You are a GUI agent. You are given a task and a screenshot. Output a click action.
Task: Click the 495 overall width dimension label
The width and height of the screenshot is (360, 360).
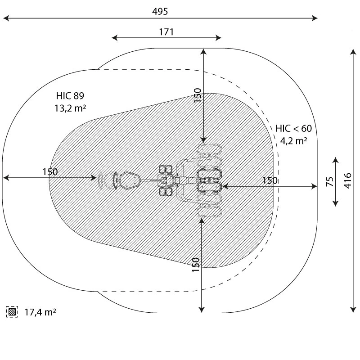160,12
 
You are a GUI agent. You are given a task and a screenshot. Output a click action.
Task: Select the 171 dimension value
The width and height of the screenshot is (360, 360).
166,31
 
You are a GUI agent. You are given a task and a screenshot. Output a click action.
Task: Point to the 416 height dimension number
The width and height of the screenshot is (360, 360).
347,180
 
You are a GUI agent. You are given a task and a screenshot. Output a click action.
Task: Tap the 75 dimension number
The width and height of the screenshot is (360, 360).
330,181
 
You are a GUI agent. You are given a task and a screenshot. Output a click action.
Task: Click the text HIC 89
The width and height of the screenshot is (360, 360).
70,95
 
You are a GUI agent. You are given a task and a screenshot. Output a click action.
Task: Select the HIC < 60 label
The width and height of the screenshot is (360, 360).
293,129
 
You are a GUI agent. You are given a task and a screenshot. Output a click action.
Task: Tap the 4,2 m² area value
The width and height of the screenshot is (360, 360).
293,140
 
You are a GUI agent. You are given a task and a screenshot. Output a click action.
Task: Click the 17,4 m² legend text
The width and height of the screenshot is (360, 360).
40,311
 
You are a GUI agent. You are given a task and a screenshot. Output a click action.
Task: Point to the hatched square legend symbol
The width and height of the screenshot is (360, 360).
12,311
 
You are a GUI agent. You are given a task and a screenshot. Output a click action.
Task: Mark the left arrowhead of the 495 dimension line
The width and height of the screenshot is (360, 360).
5,18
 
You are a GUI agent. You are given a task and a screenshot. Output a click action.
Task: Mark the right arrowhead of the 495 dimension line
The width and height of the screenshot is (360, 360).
316,18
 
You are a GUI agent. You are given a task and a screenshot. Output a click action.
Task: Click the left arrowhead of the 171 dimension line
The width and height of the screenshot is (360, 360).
114,38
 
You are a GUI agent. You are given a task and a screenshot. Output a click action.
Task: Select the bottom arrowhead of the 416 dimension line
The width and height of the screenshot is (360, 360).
353,309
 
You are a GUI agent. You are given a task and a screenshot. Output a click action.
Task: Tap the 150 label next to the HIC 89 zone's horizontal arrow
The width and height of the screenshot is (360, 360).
50,171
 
